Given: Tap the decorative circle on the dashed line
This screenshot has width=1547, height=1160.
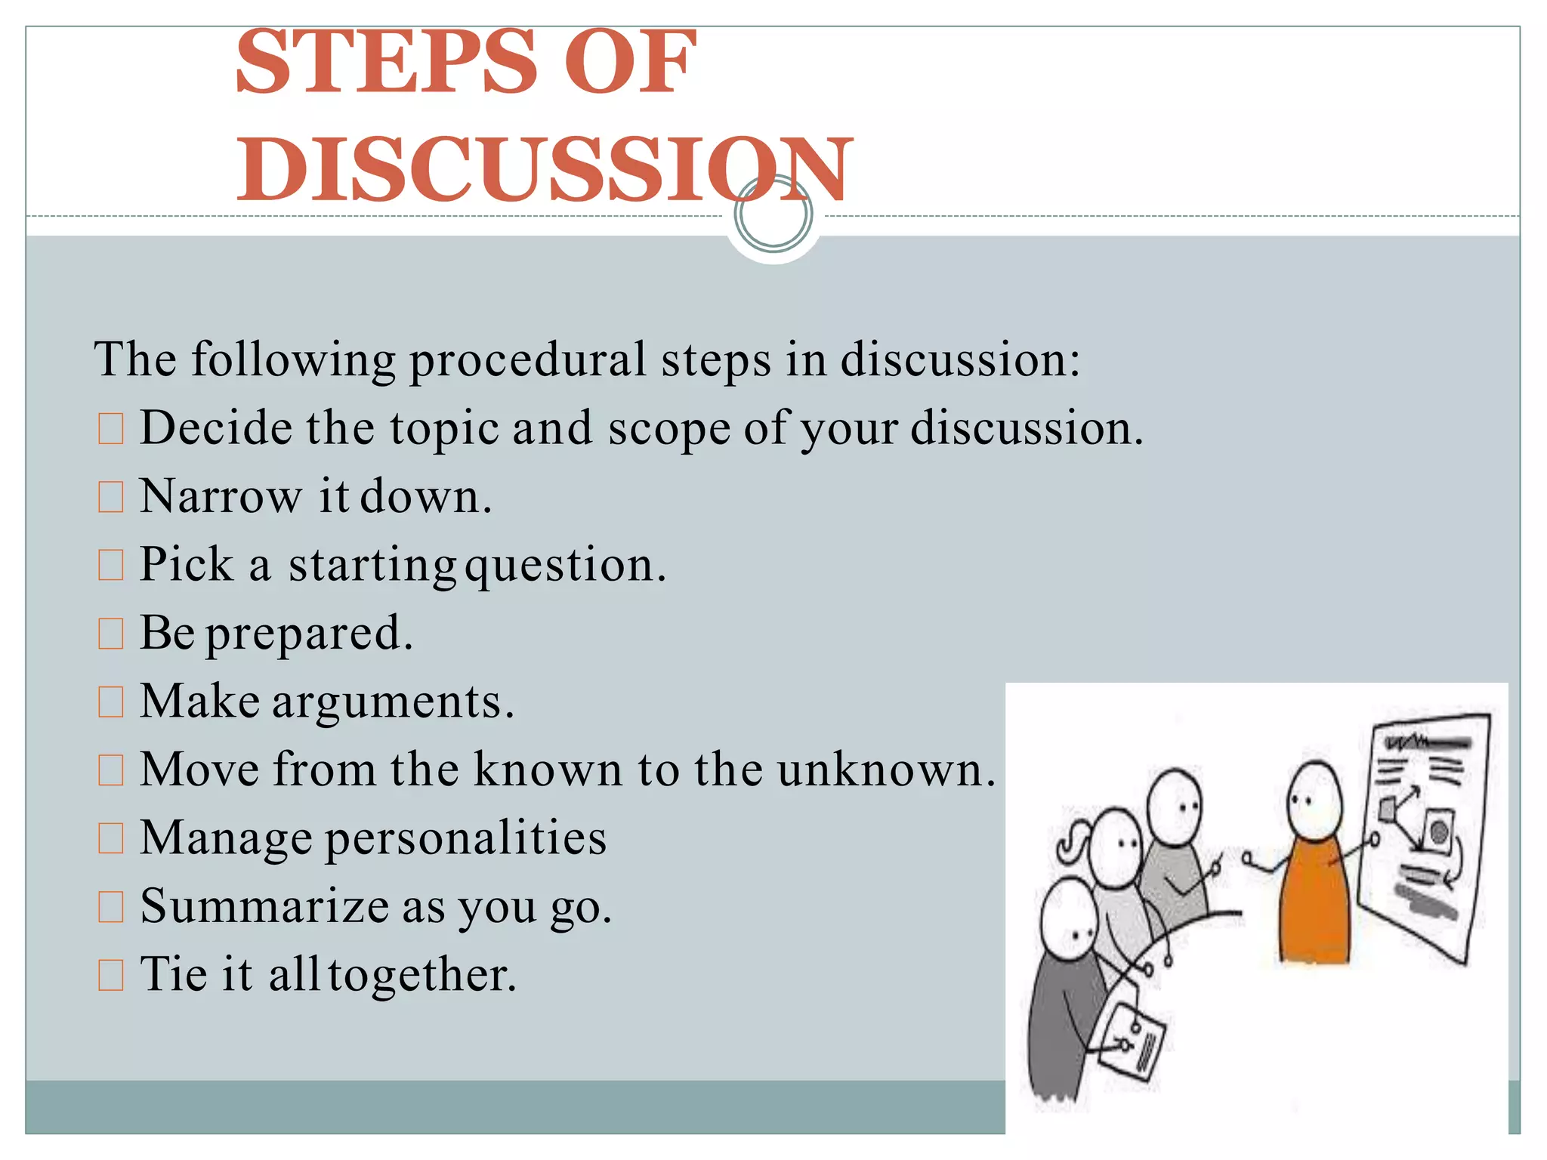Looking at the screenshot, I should coord(773,214).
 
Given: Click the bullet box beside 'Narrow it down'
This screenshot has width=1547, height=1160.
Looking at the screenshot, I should coord(111,497).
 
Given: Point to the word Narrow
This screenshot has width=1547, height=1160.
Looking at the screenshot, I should coord(221,497).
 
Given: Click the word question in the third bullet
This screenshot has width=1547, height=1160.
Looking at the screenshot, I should coord(565,566).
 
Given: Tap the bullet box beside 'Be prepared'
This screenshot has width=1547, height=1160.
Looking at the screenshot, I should coord(111,634).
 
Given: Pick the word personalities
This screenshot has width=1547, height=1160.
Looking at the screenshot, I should coord(465,838).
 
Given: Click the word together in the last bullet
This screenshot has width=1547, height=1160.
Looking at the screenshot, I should coord(421,974).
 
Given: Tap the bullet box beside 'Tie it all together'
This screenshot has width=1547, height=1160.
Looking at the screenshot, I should coord(111,975).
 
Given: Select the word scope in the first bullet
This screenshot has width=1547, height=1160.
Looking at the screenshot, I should coord(669,428).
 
